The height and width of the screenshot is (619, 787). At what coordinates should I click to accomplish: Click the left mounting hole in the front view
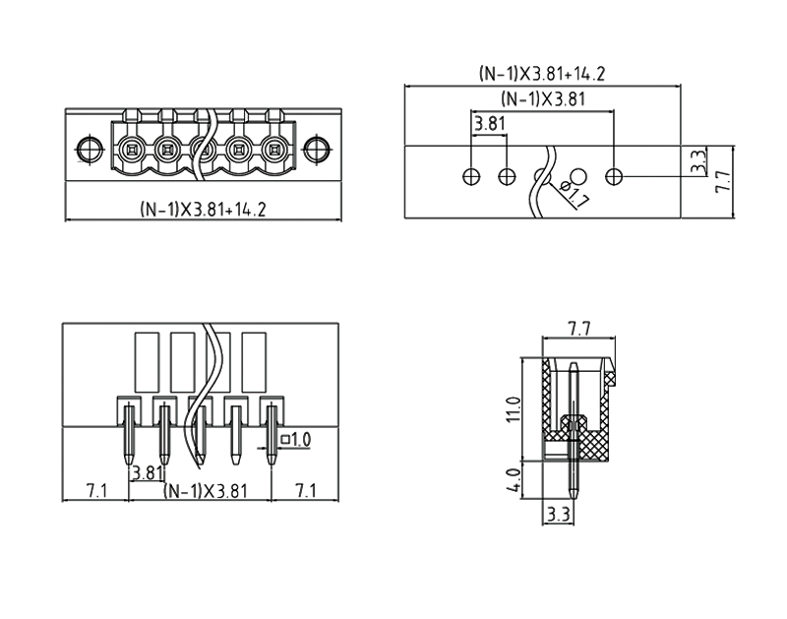tap(90, 151)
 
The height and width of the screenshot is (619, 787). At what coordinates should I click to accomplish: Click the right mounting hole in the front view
tap(316, 151)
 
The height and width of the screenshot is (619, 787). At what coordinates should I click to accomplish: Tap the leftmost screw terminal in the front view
tap(130, 151)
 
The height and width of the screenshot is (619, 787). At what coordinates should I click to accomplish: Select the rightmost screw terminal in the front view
tap(274, 151)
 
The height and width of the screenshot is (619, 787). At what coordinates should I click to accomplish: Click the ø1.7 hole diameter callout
tap(574, 194)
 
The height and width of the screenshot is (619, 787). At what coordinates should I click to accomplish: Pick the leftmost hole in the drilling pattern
tap(471, 176)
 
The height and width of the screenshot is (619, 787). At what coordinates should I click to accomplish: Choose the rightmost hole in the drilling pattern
tap(614, 176)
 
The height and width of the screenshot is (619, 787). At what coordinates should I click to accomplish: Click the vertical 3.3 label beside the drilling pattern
tap(696, 161)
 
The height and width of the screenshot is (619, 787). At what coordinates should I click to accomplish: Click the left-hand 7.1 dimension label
tap(95, 490)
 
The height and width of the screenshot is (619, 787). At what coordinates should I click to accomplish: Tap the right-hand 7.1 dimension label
tap(305, 490)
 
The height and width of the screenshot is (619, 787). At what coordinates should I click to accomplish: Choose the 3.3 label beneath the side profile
tap(558, 514)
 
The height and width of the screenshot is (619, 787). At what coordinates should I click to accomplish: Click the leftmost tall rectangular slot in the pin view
tap(147, 361)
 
